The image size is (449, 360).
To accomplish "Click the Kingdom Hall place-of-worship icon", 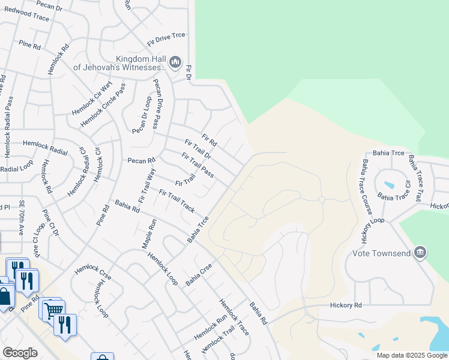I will pyautogui.click(x=175, y=61).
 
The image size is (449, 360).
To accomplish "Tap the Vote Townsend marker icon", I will pyautogui.click(x=420, y=252).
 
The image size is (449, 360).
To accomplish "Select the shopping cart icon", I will pyautogui.click(x=53, y=310).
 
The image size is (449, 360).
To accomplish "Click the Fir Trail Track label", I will pyautogui.click(x=176, y=201).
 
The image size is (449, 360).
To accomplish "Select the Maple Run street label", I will pyautogui.click(x=149, y=234).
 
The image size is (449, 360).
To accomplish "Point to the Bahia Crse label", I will pyautogui.click(x=199, y=274).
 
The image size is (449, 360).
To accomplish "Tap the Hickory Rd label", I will pyautogui.click(x=346, y=305).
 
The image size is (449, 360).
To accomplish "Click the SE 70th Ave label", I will pyautogui.click(x=22, y=218).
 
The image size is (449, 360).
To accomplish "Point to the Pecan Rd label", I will pyautogui.click(x=141, y=160).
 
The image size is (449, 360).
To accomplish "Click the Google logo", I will pyautogui.click(x=20, y=353).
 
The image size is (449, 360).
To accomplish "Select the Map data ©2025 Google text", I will pyautogui.click(x=411, y=355).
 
